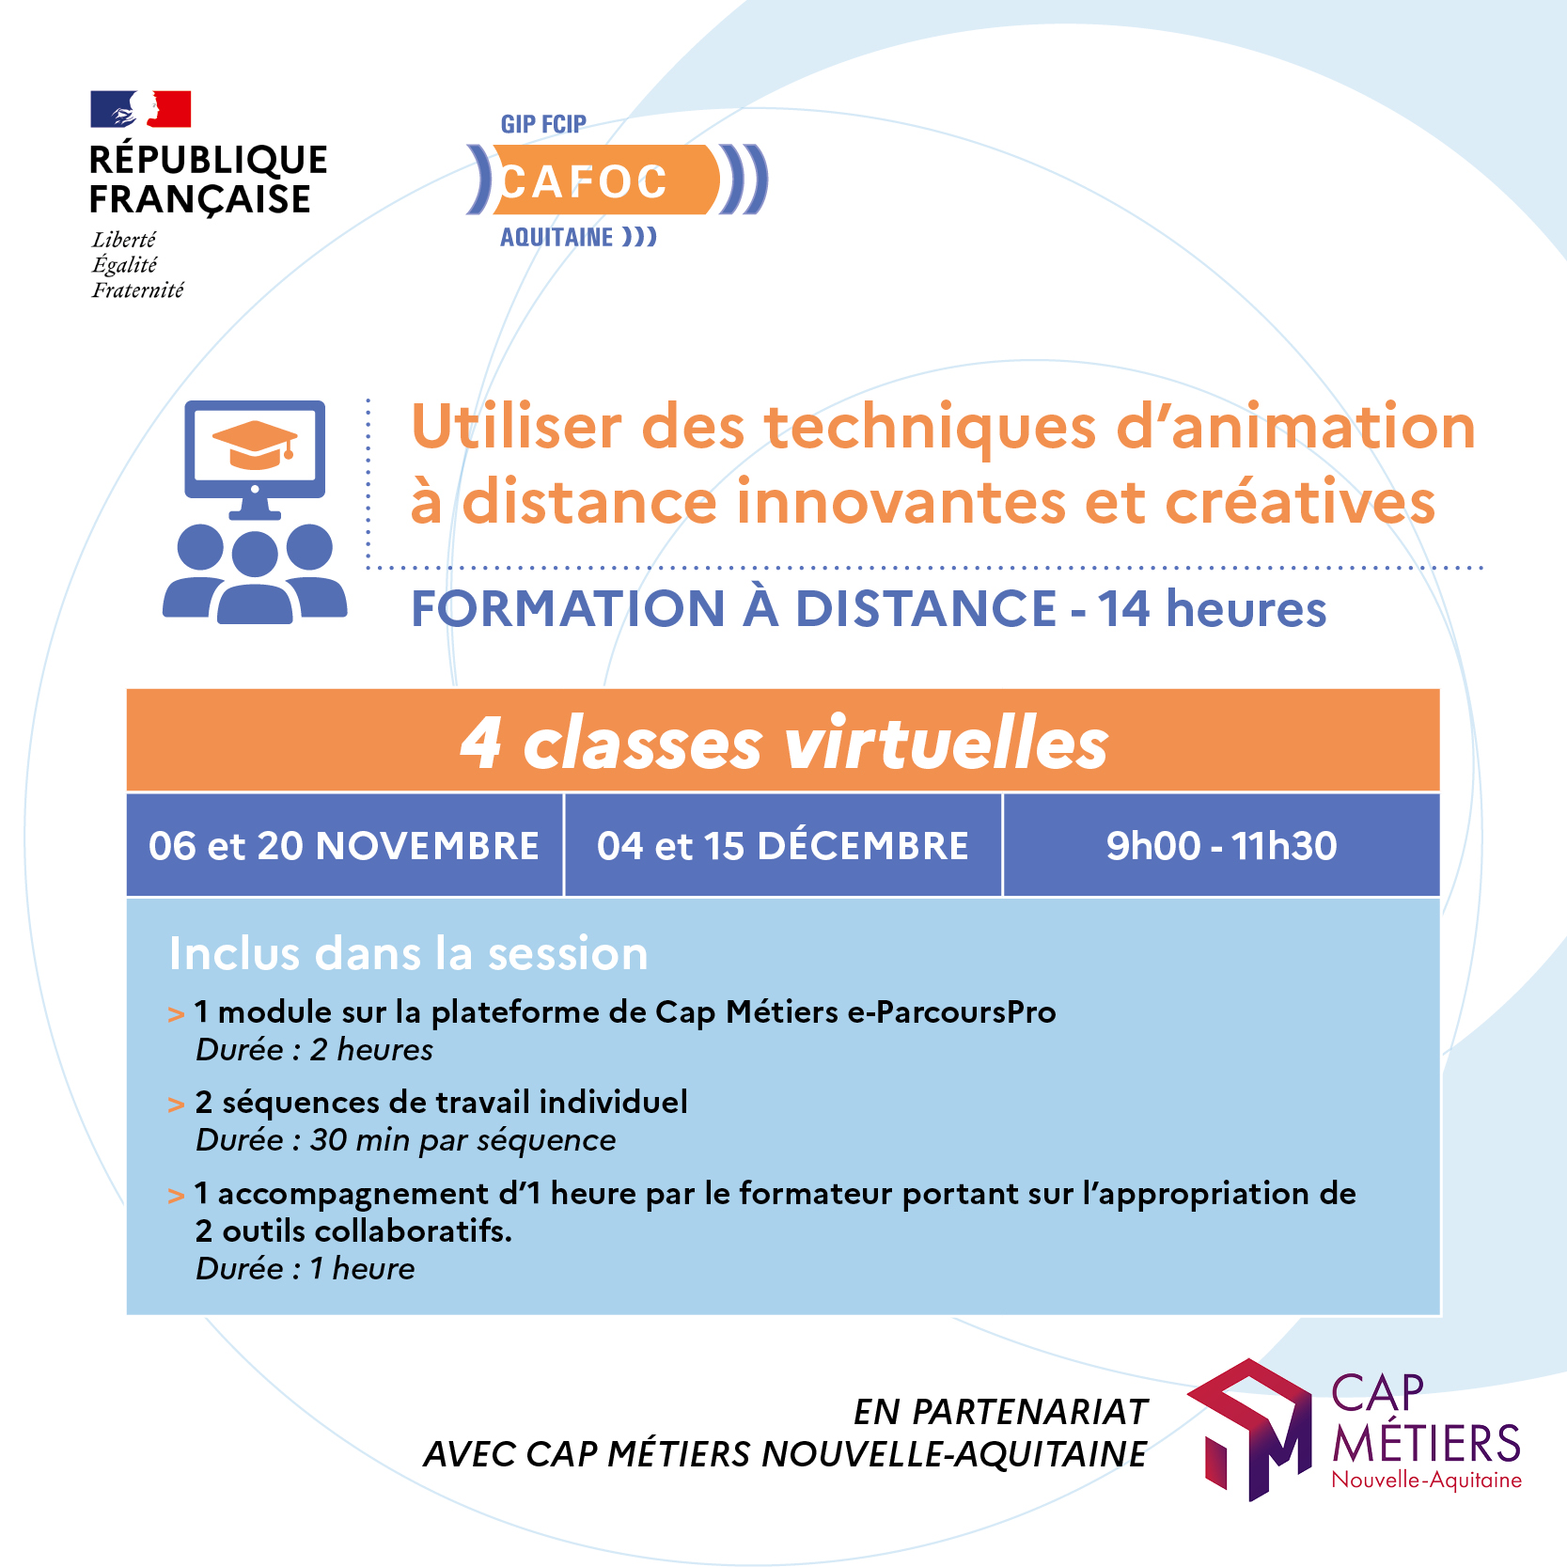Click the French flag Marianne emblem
(141, 109)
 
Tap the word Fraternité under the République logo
(137, 290)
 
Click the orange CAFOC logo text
(583, 180)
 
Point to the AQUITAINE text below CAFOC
(556, 237)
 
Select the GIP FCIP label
(543, 124)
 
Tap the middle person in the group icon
(255, 579)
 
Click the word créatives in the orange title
(1300, 501)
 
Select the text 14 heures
(1212, 608)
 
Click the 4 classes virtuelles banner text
(784, 743)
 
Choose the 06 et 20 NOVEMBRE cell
(344, 845)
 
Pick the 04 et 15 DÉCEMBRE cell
(783, 845)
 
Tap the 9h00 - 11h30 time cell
(1221, 845)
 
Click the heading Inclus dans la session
(409, 953)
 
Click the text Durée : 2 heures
(314, 1050)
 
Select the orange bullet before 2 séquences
(176, 1105)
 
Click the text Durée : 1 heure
(305, 1269)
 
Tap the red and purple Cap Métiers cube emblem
(1249, 1430)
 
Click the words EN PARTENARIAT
(1000, 1412)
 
